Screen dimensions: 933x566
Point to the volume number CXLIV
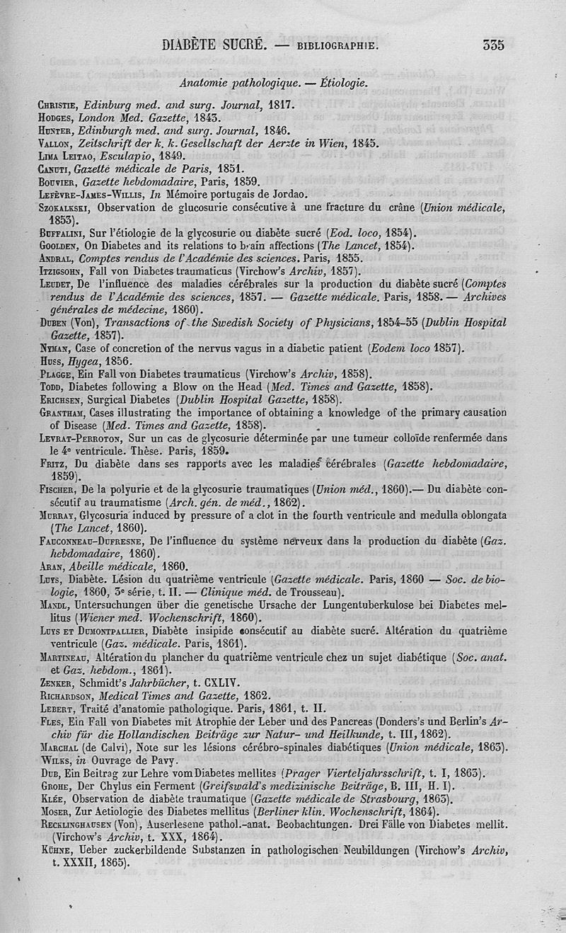click(x=226, y=683)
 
